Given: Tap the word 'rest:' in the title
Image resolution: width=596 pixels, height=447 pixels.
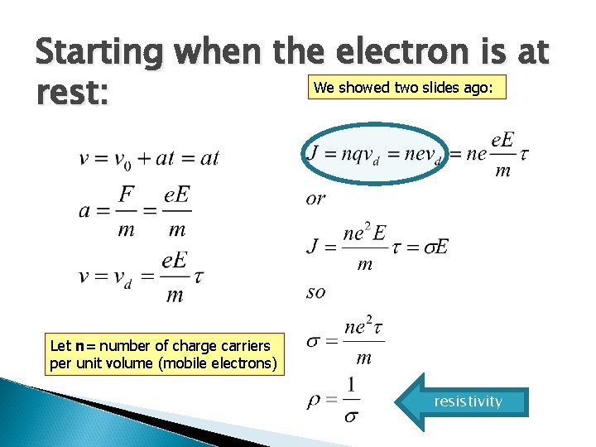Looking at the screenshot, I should [71, 92].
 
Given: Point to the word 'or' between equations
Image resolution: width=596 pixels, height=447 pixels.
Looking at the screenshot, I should [315, 199].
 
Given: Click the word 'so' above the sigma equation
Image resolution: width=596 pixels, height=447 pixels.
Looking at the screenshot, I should [315, 291].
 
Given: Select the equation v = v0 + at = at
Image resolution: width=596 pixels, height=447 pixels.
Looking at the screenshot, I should [149, 157].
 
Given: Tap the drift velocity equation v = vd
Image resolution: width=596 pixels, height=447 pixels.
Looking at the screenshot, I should [142, 276].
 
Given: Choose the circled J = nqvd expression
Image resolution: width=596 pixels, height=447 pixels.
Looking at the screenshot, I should [374, 156].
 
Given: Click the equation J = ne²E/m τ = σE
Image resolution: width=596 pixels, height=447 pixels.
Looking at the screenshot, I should [377, 247].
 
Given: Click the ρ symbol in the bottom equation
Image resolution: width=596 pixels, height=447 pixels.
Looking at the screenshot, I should [313, 401].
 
